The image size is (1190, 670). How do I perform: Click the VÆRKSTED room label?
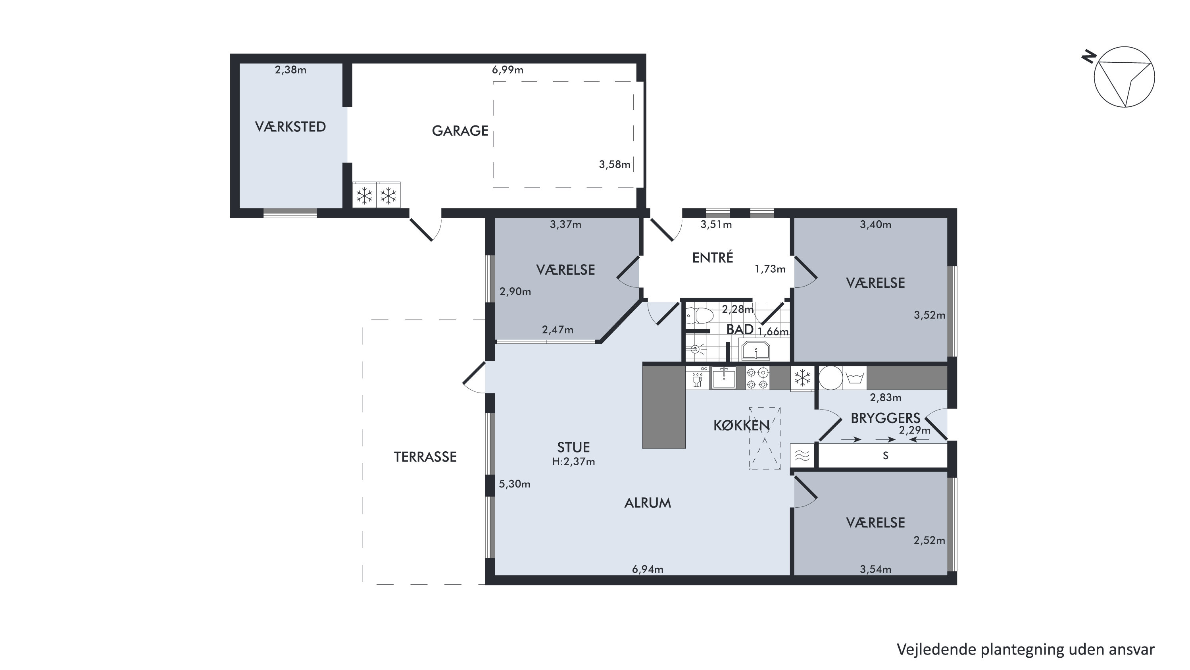pyautogui.click(x=290, y=127)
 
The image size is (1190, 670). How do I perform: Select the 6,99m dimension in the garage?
pyautogui.click(x=507, y=70)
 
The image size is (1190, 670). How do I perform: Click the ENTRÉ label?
pyautogui.click(x=712, y=257)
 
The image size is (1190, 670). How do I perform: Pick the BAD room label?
pyautogui.click(x=740, y=329)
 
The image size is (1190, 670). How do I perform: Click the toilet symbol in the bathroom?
pyautogui.click(x=699, y=316)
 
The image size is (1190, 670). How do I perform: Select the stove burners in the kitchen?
pyautogui.click(x=757, y=378)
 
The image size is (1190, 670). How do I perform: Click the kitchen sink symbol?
pyautogui.click(x=724, y=377)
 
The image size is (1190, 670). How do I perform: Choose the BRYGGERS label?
pyautogui.click(x=885, y=418)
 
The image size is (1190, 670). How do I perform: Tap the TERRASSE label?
pyautogui.click(x=425, y=457)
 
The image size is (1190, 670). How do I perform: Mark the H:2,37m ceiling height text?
pyautogui.click(x=573, y=461)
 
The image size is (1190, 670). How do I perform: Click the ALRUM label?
pyautogui.click(x=647, y=503)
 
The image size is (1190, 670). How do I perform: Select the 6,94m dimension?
pyautogui.click(x=647, y=569)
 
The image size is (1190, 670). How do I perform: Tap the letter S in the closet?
pyautogui.click(x=885, y=456)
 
